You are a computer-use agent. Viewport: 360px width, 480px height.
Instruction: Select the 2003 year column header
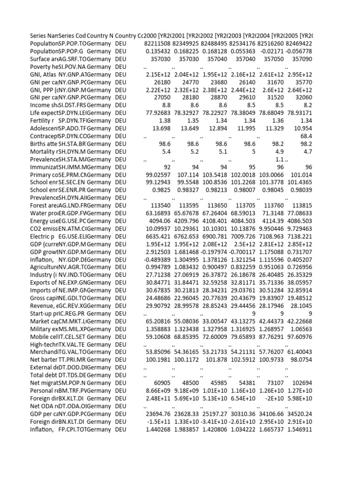click(x=243, y=36)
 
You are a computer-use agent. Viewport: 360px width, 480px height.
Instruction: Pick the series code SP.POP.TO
click(x=73, y=43)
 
